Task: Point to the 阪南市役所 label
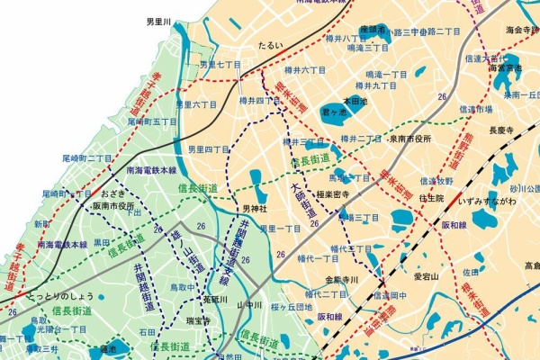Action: (114, 204)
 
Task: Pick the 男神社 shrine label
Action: (256, 210)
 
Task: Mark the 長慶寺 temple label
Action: (500, 130)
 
